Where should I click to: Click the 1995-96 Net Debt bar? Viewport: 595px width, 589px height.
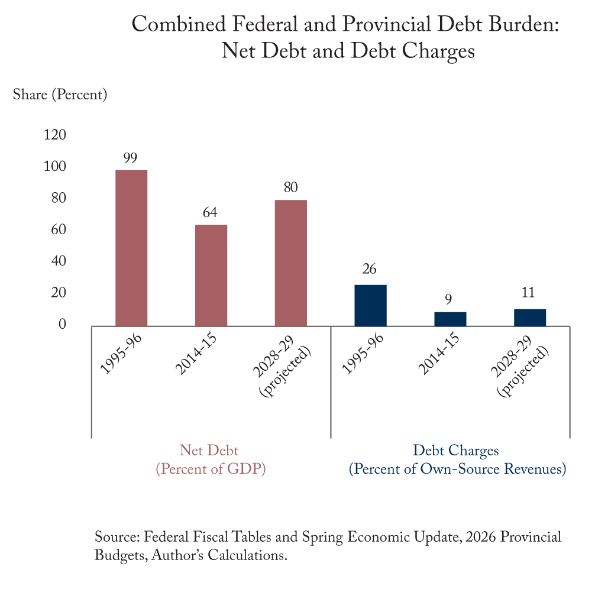pos(131,248)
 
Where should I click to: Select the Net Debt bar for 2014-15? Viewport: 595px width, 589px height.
pos(211,276)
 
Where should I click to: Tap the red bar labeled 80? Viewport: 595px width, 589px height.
pos(290,263)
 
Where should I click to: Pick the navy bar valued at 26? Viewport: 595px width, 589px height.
pos(370,306)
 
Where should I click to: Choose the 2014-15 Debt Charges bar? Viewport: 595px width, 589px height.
pos(450,319)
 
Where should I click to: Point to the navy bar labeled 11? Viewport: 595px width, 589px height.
pos(530,318)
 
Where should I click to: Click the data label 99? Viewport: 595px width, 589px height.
pos(130,157)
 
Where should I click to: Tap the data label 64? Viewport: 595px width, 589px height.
pos(210,212)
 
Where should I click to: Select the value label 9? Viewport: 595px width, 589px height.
pos(448,299)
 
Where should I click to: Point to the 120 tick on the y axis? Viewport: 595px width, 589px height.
pos(54,135)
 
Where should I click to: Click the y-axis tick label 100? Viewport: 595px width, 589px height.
pos(54,166)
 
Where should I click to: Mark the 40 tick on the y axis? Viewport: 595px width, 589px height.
pos(59,261)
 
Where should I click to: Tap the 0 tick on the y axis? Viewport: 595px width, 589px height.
pos(62,323)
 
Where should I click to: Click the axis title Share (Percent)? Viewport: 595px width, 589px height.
pos(60,95)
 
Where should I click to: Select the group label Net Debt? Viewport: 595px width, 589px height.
pos(209,450)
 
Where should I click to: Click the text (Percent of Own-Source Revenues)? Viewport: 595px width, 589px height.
pos(457,469)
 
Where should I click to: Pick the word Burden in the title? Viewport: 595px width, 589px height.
pos(524,24)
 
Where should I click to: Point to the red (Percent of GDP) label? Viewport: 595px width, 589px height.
pos(211,469)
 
